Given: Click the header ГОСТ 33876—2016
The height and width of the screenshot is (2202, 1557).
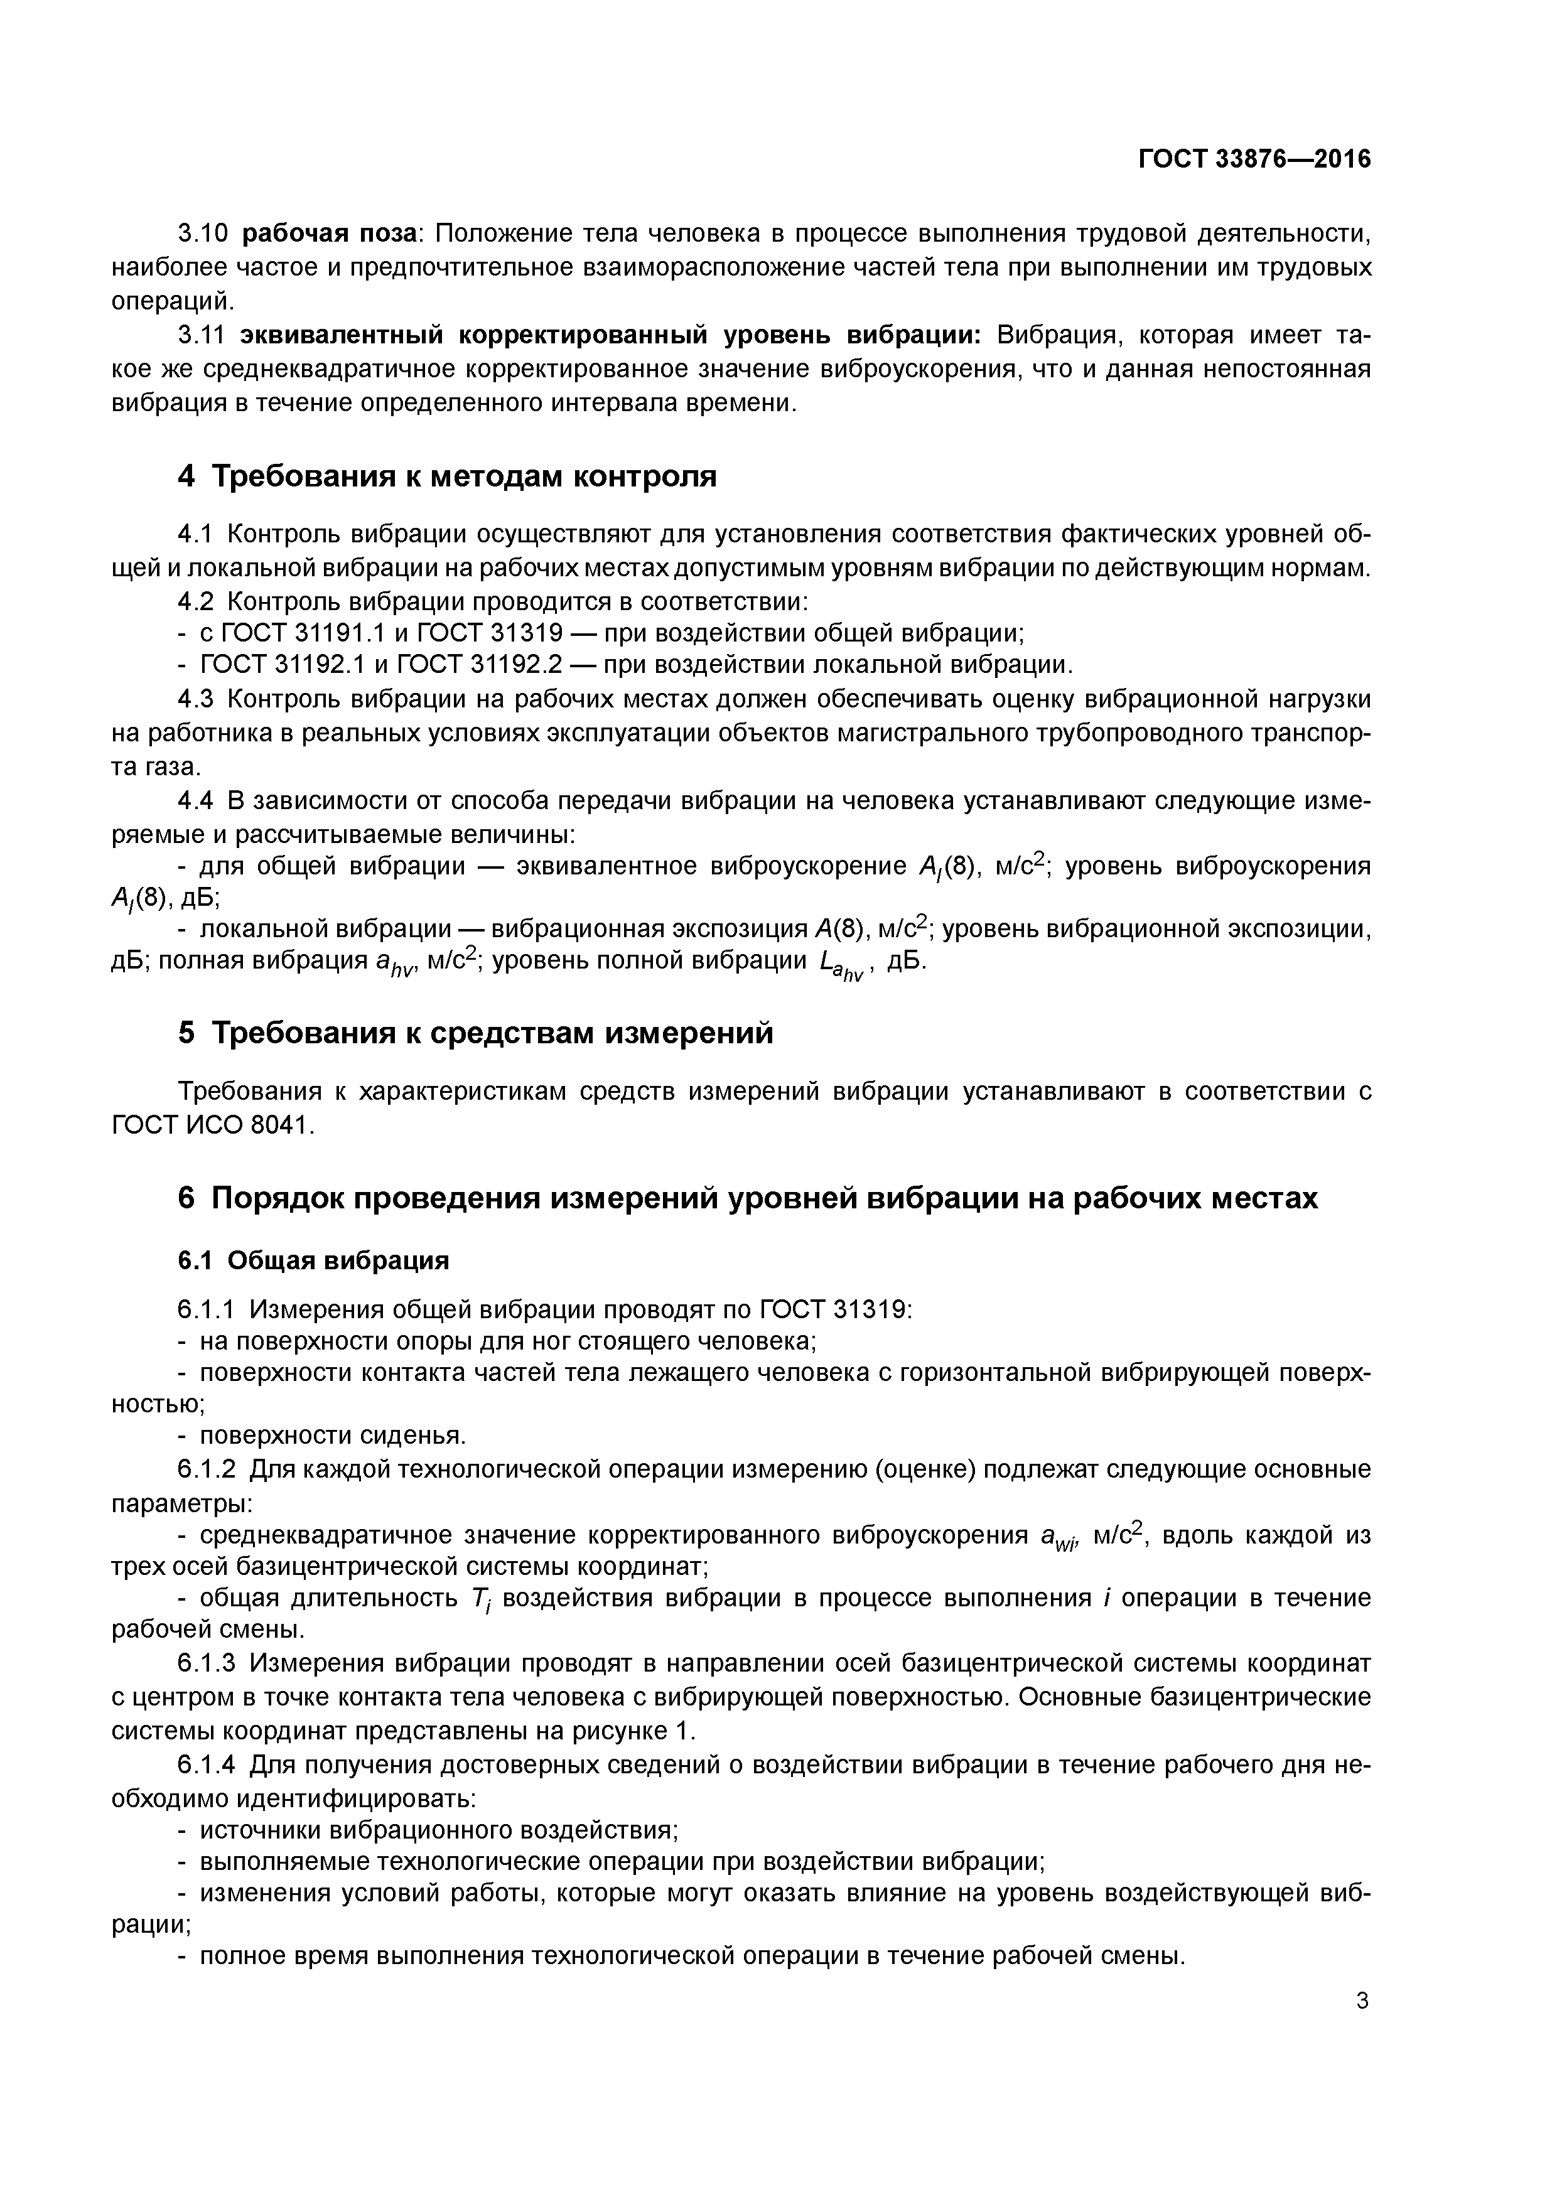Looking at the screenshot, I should point(1254,159).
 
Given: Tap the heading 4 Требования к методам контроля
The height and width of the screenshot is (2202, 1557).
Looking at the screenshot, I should point(447,476).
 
